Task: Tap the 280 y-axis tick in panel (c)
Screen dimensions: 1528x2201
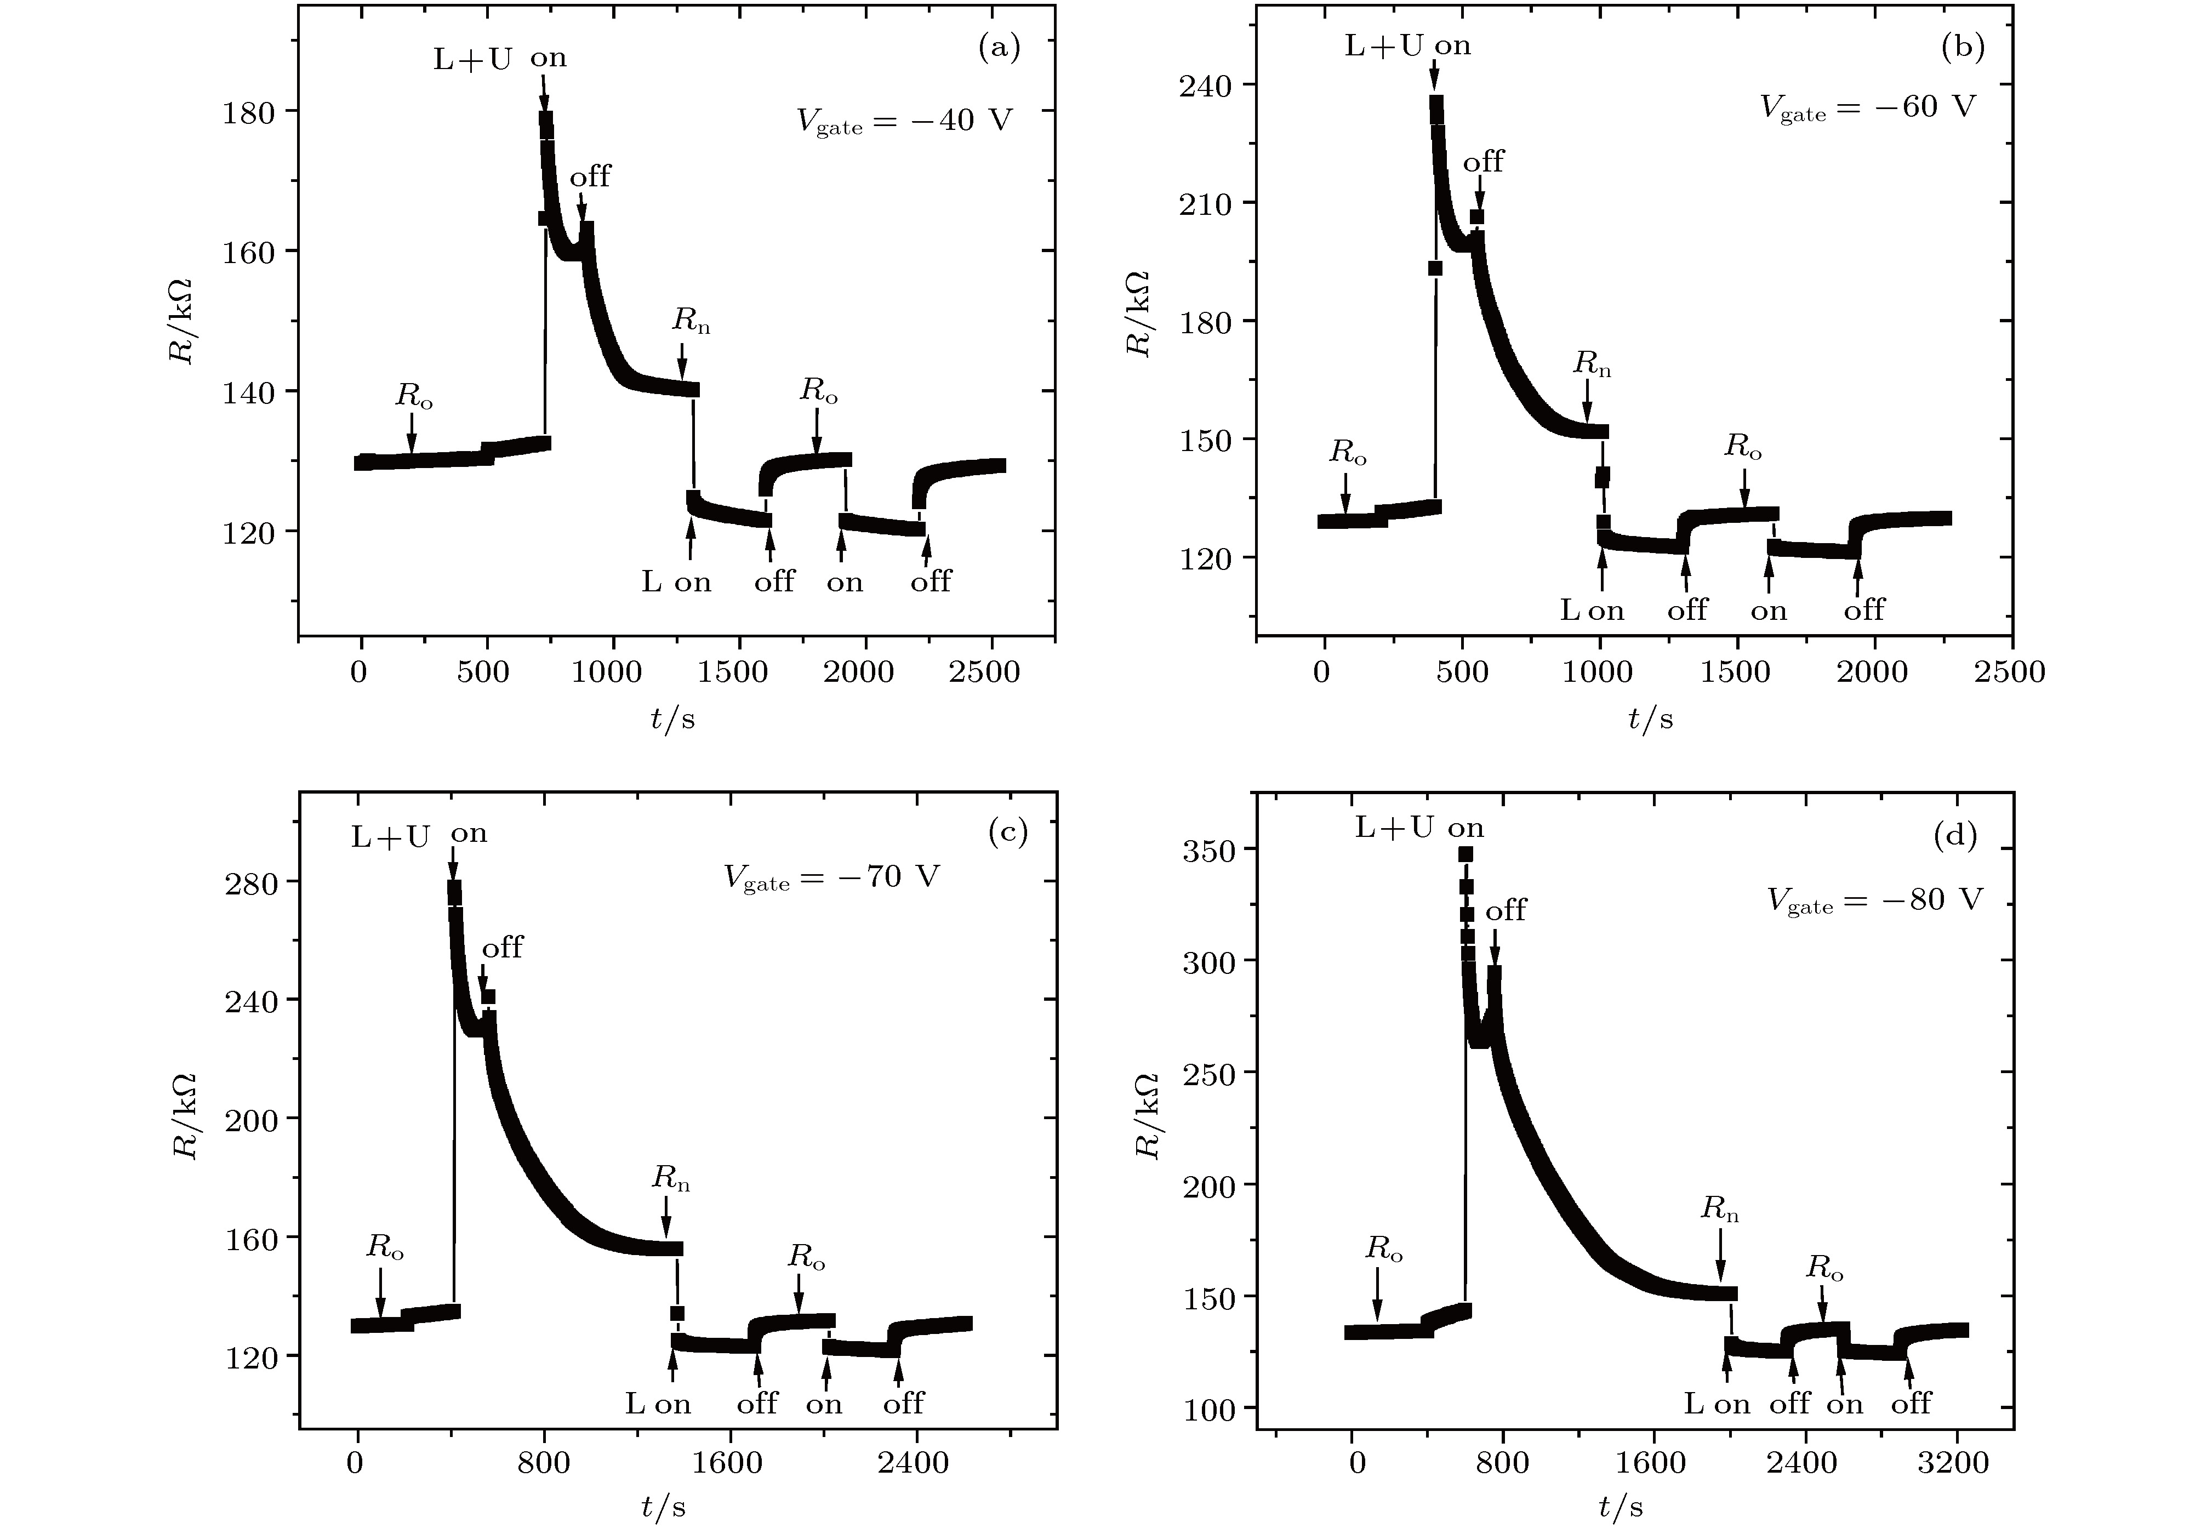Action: pos(251,883)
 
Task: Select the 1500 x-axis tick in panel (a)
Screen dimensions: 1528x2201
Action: pos(732,672)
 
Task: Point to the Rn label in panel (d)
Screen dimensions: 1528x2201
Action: pos(1719,1210)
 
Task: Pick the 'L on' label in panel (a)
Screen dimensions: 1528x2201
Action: pos(676,582)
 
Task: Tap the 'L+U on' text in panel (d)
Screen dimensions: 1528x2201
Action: pos(1419,828)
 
